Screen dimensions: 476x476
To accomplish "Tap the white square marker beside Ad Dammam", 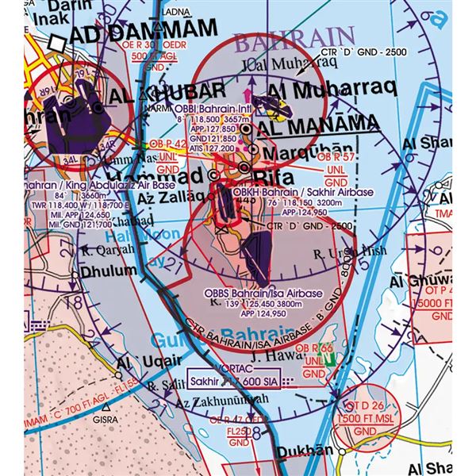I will (56, 42).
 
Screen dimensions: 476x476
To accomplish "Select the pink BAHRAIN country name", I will (294, 36).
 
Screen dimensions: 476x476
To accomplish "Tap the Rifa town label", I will (272, 170).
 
